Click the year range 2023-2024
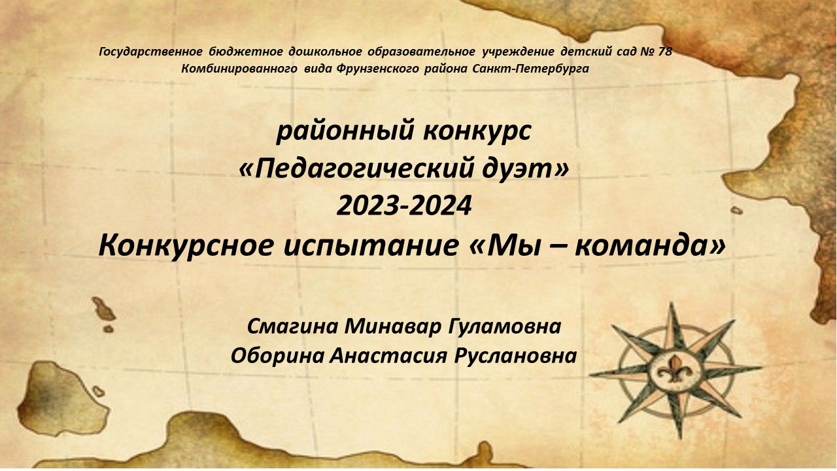pos(403,206)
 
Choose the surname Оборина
pos(275,356)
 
